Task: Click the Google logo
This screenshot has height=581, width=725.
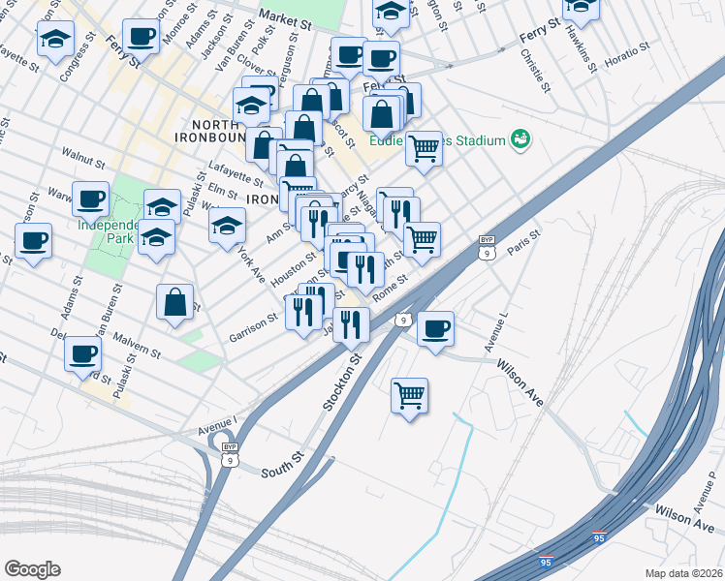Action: pyautogui.click(x=32, y=569)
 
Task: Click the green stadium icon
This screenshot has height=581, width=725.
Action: pyautogui.click(x=522, y=140)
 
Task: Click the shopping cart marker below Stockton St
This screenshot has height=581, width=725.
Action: pyautogui.click(x=410, y=395)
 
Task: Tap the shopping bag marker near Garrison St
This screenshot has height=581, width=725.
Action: pyautogui.click(x=174, y=301)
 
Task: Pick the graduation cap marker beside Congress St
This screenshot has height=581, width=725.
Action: pyautogui.click(x=55, y=40)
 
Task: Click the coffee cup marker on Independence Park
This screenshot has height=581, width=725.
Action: pyautogui.click(x=91, y=199)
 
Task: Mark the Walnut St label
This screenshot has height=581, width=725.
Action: pyautogui.click(x=81, y=153)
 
